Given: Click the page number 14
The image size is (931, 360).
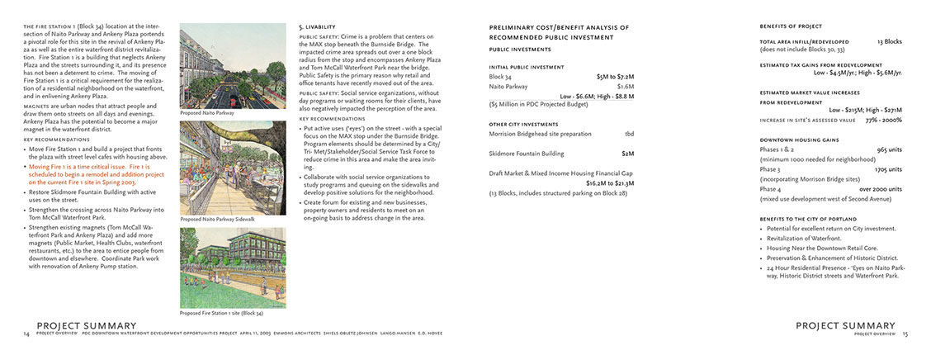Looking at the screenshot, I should point(26,334).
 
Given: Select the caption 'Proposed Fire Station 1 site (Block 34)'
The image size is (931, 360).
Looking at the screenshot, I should point(221,313).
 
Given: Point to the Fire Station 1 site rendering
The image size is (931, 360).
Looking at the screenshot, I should point(221,267).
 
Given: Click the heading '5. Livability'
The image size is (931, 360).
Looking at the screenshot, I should point(318,27).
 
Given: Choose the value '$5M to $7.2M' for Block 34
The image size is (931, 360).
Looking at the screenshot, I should point(615,76).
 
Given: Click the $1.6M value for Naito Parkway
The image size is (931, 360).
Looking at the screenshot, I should point(625,86).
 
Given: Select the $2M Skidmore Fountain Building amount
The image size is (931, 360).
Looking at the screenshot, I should point(627,154).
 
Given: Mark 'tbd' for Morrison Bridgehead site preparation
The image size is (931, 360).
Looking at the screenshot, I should point(629,134).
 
